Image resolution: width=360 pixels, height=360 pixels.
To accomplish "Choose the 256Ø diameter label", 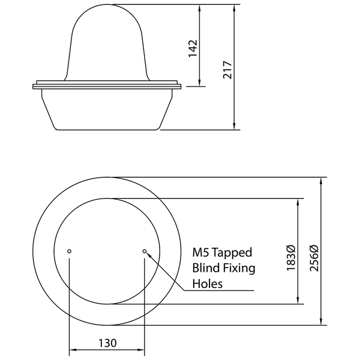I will pyautogui.click(x=314, y=257).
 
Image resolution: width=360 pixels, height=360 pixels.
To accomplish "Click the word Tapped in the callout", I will pyautogui.click(x=232, y=253).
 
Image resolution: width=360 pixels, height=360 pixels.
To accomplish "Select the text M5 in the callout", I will pyautogui.click(x=200, y=253).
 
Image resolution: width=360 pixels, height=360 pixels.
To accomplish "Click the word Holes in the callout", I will pyautogui.click(x=207, y=283).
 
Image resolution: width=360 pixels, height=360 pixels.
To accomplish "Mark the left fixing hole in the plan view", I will pyautogui.click(x=70, y=251).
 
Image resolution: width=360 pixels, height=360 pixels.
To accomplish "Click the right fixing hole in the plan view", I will pyautogui.click(x=144, y=251).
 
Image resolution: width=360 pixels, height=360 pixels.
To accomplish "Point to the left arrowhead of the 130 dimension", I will pyautogui.click(x=73, y=349).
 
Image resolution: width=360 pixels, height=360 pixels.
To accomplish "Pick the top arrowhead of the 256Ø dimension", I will pyautogui.click(x=323, y=181).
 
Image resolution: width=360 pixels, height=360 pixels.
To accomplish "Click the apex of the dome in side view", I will pyautogui.click(x=107, y=6).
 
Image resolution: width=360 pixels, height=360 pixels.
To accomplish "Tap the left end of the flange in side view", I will pyautogui.click(x=34, y=88).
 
